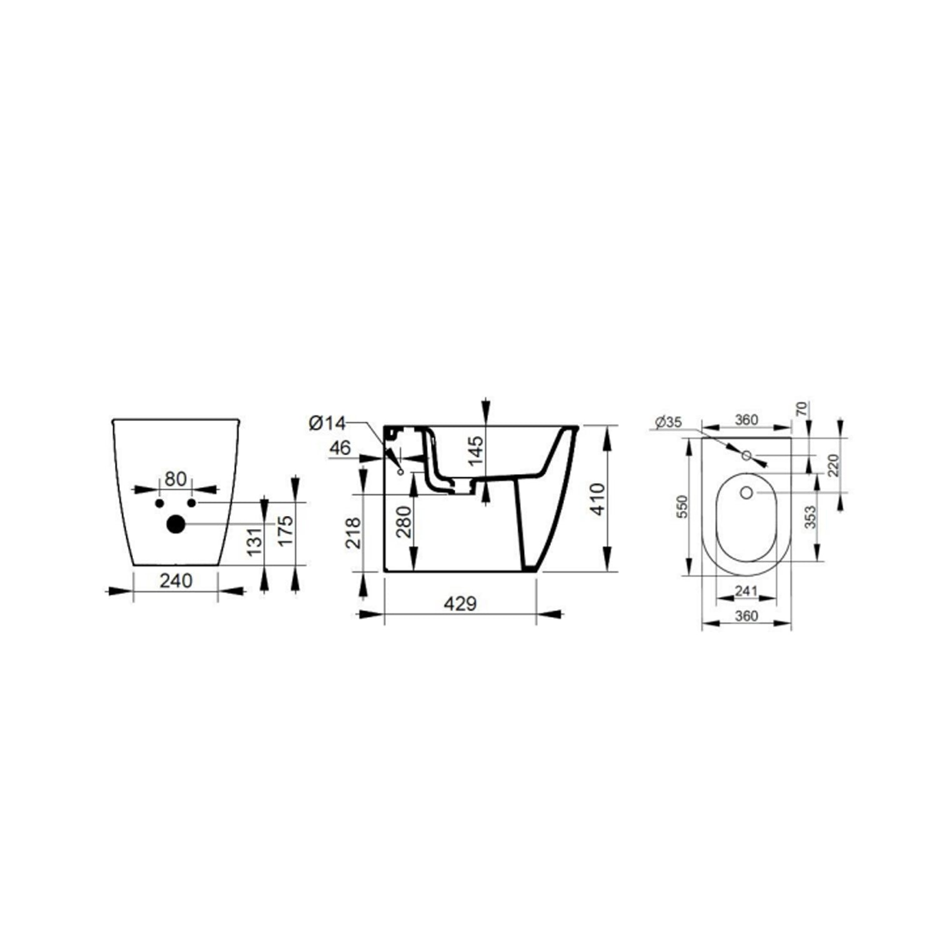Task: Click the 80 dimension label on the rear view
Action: tap(176, 479)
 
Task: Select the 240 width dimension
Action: tap(176, 581)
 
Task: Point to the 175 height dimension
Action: tap(285, 530)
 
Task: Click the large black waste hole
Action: tap(176, 525)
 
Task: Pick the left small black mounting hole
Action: tap(159, 503)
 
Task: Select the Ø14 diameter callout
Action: tap(326, 424)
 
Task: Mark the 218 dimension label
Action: tap(354, 532)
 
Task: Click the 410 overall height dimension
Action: tap(597, 498)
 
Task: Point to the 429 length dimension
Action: tap(460, 604)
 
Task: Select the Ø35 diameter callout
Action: tap(669, 423)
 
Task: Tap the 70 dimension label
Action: tap(802, 410)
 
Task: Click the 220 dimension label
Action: tap(833, 465)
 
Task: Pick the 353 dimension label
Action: tap(810, 518)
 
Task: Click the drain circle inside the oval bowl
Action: tap(746, 493)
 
